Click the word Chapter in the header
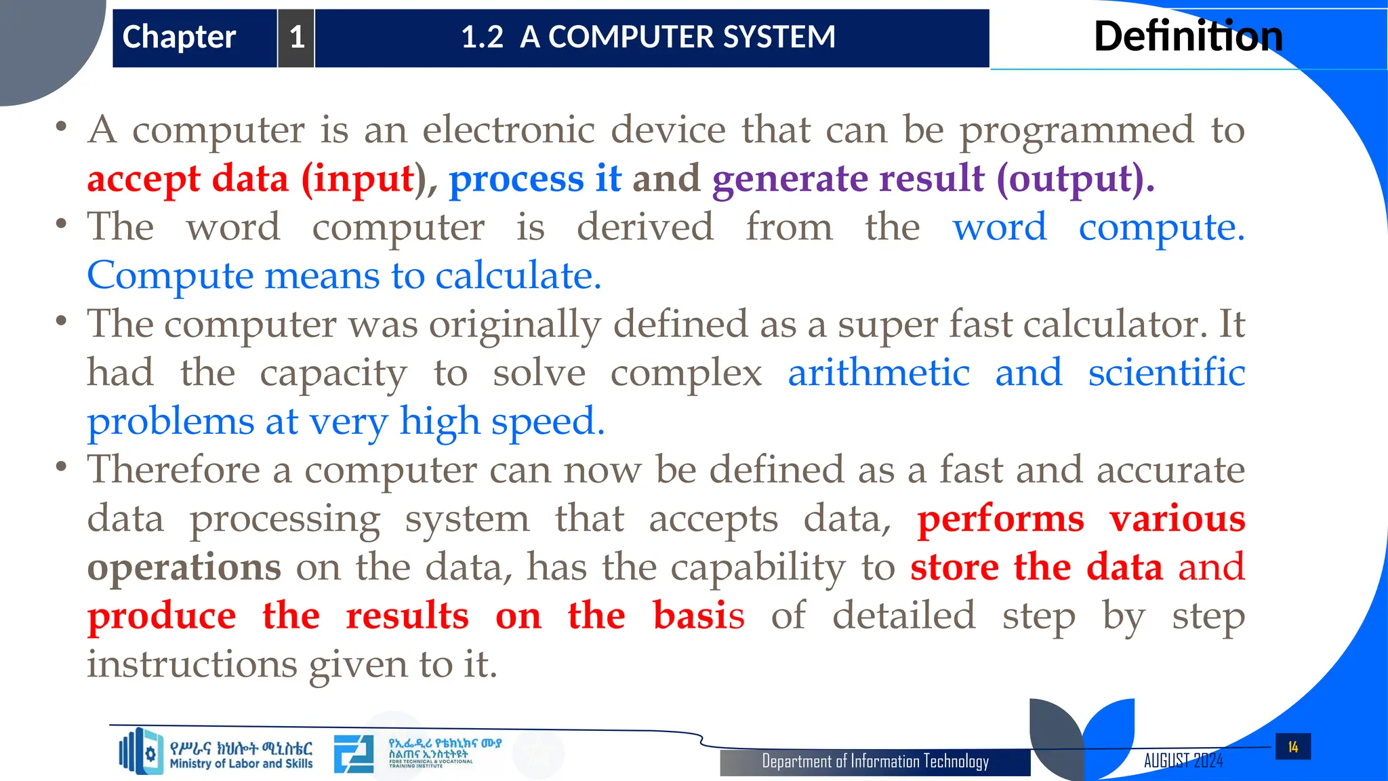point(179,37)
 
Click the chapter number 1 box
point(296,38)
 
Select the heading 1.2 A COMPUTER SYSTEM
point(648,37)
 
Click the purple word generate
point(790,179)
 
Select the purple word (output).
point(1075,179)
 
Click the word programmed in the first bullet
point(1076,130)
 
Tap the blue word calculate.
point(518,276)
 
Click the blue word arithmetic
point(878,373)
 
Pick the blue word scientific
point(1166,373)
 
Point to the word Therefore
point(173,470)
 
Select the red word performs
point(1000,519)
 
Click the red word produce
point(162,616)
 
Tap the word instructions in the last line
point(192,664)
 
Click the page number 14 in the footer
point(1292,747)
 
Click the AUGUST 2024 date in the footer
point(1183,761)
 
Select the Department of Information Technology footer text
point(875,761)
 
